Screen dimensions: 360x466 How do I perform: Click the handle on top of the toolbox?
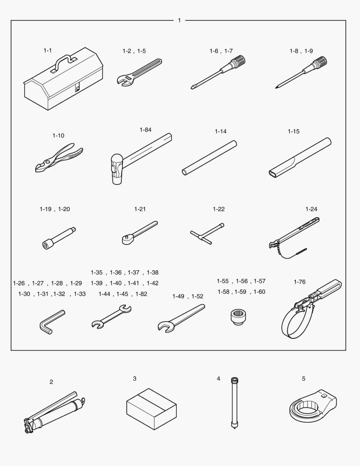pos(63,60)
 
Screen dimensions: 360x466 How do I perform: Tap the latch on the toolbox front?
pos(77,88)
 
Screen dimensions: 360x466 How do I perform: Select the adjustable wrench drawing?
pos(139,72)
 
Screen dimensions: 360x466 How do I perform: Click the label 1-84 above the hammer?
pos(146,130)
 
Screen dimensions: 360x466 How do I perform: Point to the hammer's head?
pos(116,169)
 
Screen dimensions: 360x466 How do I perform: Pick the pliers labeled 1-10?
pos(59,157)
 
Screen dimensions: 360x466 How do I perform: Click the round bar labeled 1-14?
pos(210,158)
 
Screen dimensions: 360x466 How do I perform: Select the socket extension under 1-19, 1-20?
pos(59,238)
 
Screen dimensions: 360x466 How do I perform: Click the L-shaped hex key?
pos(52,322)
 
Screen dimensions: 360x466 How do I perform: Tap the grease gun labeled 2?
pos(54,412)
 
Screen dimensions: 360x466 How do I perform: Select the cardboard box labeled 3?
pos(151,409)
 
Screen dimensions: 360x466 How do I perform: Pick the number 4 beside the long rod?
pos(219,379)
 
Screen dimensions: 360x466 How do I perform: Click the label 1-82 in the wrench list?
pos(141,294)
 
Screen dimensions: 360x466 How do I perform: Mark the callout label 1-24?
pos(311,209)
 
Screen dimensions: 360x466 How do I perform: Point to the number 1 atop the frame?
pos(179,21)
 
